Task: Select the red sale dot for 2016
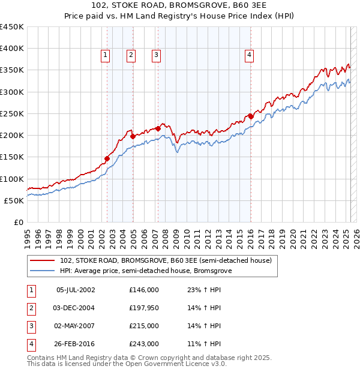click(x=251, y=116)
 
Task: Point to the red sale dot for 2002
click(x=107, y=158)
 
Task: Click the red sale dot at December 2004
click(x=133, y=136)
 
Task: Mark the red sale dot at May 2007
click(x=158, y=128)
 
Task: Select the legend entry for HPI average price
click(x=146, y=271)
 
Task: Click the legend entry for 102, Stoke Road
click(x=166, y=260)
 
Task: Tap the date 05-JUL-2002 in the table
click(x=76, y=289)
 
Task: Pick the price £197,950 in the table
click(x=144, y=308)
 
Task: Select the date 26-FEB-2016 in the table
click(x=76, y=344)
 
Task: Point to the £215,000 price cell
click(x=144, y=326)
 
